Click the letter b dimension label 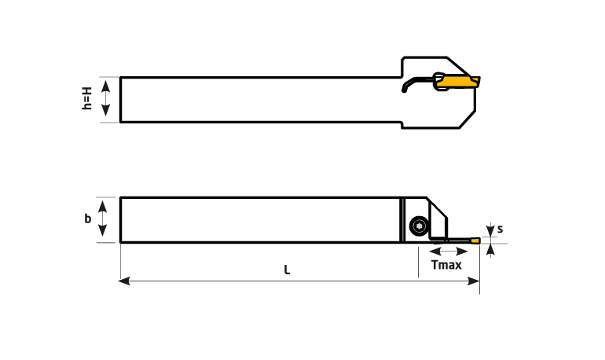88,219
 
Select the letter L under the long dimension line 287,270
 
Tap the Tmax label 446,265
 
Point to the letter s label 500,230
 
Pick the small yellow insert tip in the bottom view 475,239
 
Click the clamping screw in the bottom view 419,226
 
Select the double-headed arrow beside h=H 106,100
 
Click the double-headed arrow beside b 102,219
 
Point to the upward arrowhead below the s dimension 491,249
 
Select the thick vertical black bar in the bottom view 401,219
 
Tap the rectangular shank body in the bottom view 259,219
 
